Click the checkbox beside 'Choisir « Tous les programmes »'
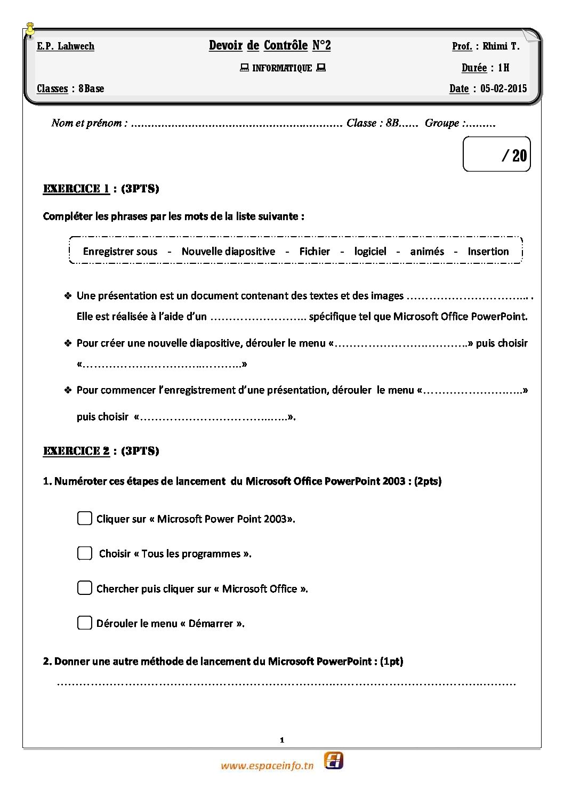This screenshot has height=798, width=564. click(x=85, y=553)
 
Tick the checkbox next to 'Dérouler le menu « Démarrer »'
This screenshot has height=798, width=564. click(x=85, y=623)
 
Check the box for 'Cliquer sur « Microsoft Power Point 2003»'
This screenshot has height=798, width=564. click(x=85, y=518)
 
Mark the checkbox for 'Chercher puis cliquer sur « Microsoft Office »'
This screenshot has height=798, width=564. click(x=85, y=588)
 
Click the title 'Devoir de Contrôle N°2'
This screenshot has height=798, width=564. click(x=270, y=46)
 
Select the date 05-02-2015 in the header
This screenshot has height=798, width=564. click(x=503, y=88)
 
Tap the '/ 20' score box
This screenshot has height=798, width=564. click(x=497, y=155)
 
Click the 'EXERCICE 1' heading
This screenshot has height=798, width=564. click(x=76, y=189)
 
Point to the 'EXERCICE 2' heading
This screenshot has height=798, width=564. click(x=76, y=451)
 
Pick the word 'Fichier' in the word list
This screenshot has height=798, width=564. click(x=315, y=252)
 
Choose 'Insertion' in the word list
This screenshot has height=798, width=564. click(x=488, y=252)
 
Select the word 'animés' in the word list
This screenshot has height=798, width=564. click(x=427, y=252)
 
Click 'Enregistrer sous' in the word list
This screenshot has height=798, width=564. click(x=120, y=252)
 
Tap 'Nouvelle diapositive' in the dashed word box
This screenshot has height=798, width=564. click(x=228, y=252)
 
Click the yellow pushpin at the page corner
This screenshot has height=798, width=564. click(x=30, y=30)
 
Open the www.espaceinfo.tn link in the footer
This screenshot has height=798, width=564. click(x=267, y=766)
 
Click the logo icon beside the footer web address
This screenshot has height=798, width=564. click(x=334, y=760)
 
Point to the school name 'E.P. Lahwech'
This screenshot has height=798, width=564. click(x=66, y=46)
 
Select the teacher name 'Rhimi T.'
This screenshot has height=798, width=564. click(x=501, y=46)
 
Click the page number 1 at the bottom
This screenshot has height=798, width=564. click(x=282, y=740)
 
